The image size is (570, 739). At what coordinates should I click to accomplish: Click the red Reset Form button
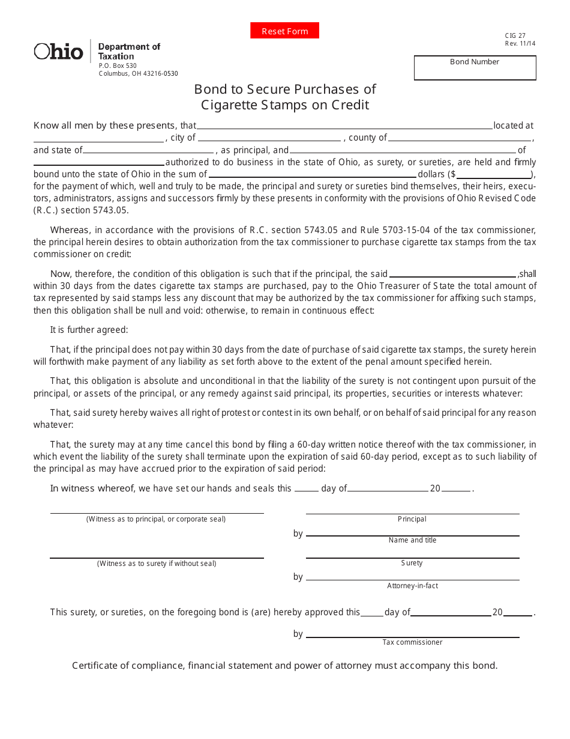coord(284,31)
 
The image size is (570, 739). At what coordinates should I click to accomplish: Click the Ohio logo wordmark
coord(58,52)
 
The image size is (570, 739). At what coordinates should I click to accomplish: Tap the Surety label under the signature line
coord(412,564)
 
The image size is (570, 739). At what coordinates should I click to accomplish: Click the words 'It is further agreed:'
coord(89,330)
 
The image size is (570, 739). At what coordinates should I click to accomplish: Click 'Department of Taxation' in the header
coord(129,51)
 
